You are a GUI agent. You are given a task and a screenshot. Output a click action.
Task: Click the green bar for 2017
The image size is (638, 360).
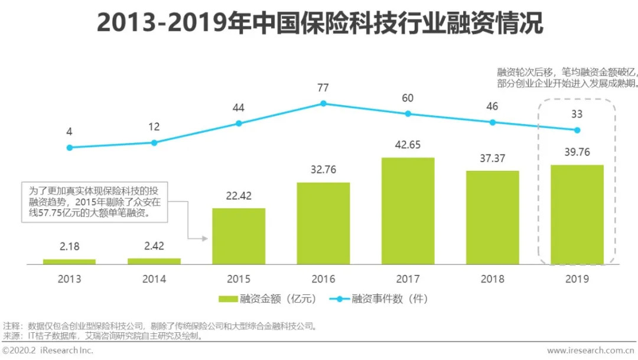[x=408, y=210]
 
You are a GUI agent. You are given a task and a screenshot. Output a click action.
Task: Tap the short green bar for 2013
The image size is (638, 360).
[x=70, y=261]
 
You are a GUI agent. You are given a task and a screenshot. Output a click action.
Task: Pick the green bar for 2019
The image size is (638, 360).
[x=577, y=214]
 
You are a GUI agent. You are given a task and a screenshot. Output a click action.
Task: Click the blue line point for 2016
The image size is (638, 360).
[x=323, y=103]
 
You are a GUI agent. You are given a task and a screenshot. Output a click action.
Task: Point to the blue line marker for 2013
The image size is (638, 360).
[x=70, y=148]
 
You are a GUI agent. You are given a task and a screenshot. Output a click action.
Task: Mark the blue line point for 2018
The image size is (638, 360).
[x=492, y=122]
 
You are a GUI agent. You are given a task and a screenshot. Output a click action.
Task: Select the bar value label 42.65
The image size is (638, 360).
[x=408, y=145]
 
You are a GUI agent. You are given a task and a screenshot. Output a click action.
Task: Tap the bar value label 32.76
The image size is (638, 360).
[x=323, y=170]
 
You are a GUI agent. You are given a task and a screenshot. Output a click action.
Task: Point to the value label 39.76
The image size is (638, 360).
[x=577, y=153]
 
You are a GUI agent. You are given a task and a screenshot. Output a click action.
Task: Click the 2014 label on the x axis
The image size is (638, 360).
[x=154, y=279]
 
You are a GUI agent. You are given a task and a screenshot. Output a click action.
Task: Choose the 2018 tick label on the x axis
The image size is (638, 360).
[x=492, y=279]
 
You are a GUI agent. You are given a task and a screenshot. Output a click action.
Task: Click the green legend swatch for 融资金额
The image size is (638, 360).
[x=227, y=299]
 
